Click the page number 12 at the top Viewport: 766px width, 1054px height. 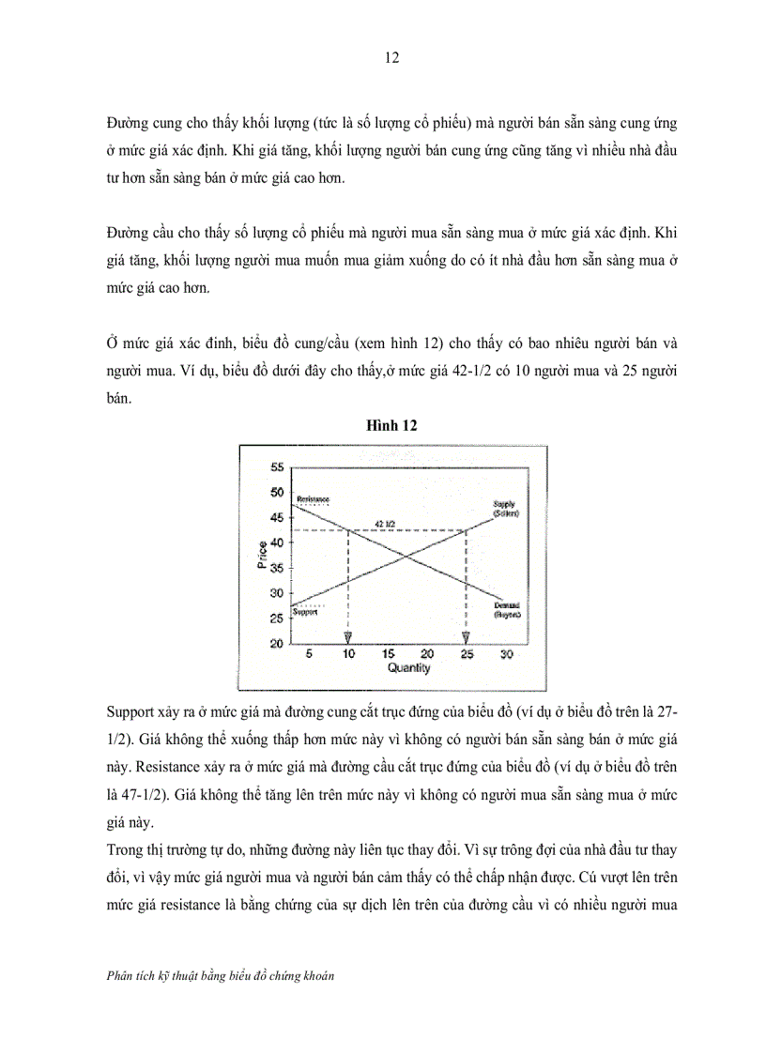click(x=392, y=57)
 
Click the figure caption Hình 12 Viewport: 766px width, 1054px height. click(x=391, y=424)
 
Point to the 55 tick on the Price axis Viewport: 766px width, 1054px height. click(x=277, y=467)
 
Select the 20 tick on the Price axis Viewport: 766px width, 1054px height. click(x=277, y=643)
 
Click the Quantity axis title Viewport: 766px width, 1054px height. click(x=407, y=668)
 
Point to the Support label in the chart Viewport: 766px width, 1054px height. click(x=305, y=612)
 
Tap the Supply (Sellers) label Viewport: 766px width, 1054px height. click(x=506, y=510)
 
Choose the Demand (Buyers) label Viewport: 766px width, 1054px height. click(x=507, y=611)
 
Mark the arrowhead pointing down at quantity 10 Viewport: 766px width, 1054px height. click(x=348, y=638)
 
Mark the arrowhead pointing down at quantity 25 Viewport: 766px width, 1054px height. click(x=466, y=638)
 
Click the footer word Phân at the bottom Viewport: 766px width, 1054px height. click(x=123, y=975)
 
